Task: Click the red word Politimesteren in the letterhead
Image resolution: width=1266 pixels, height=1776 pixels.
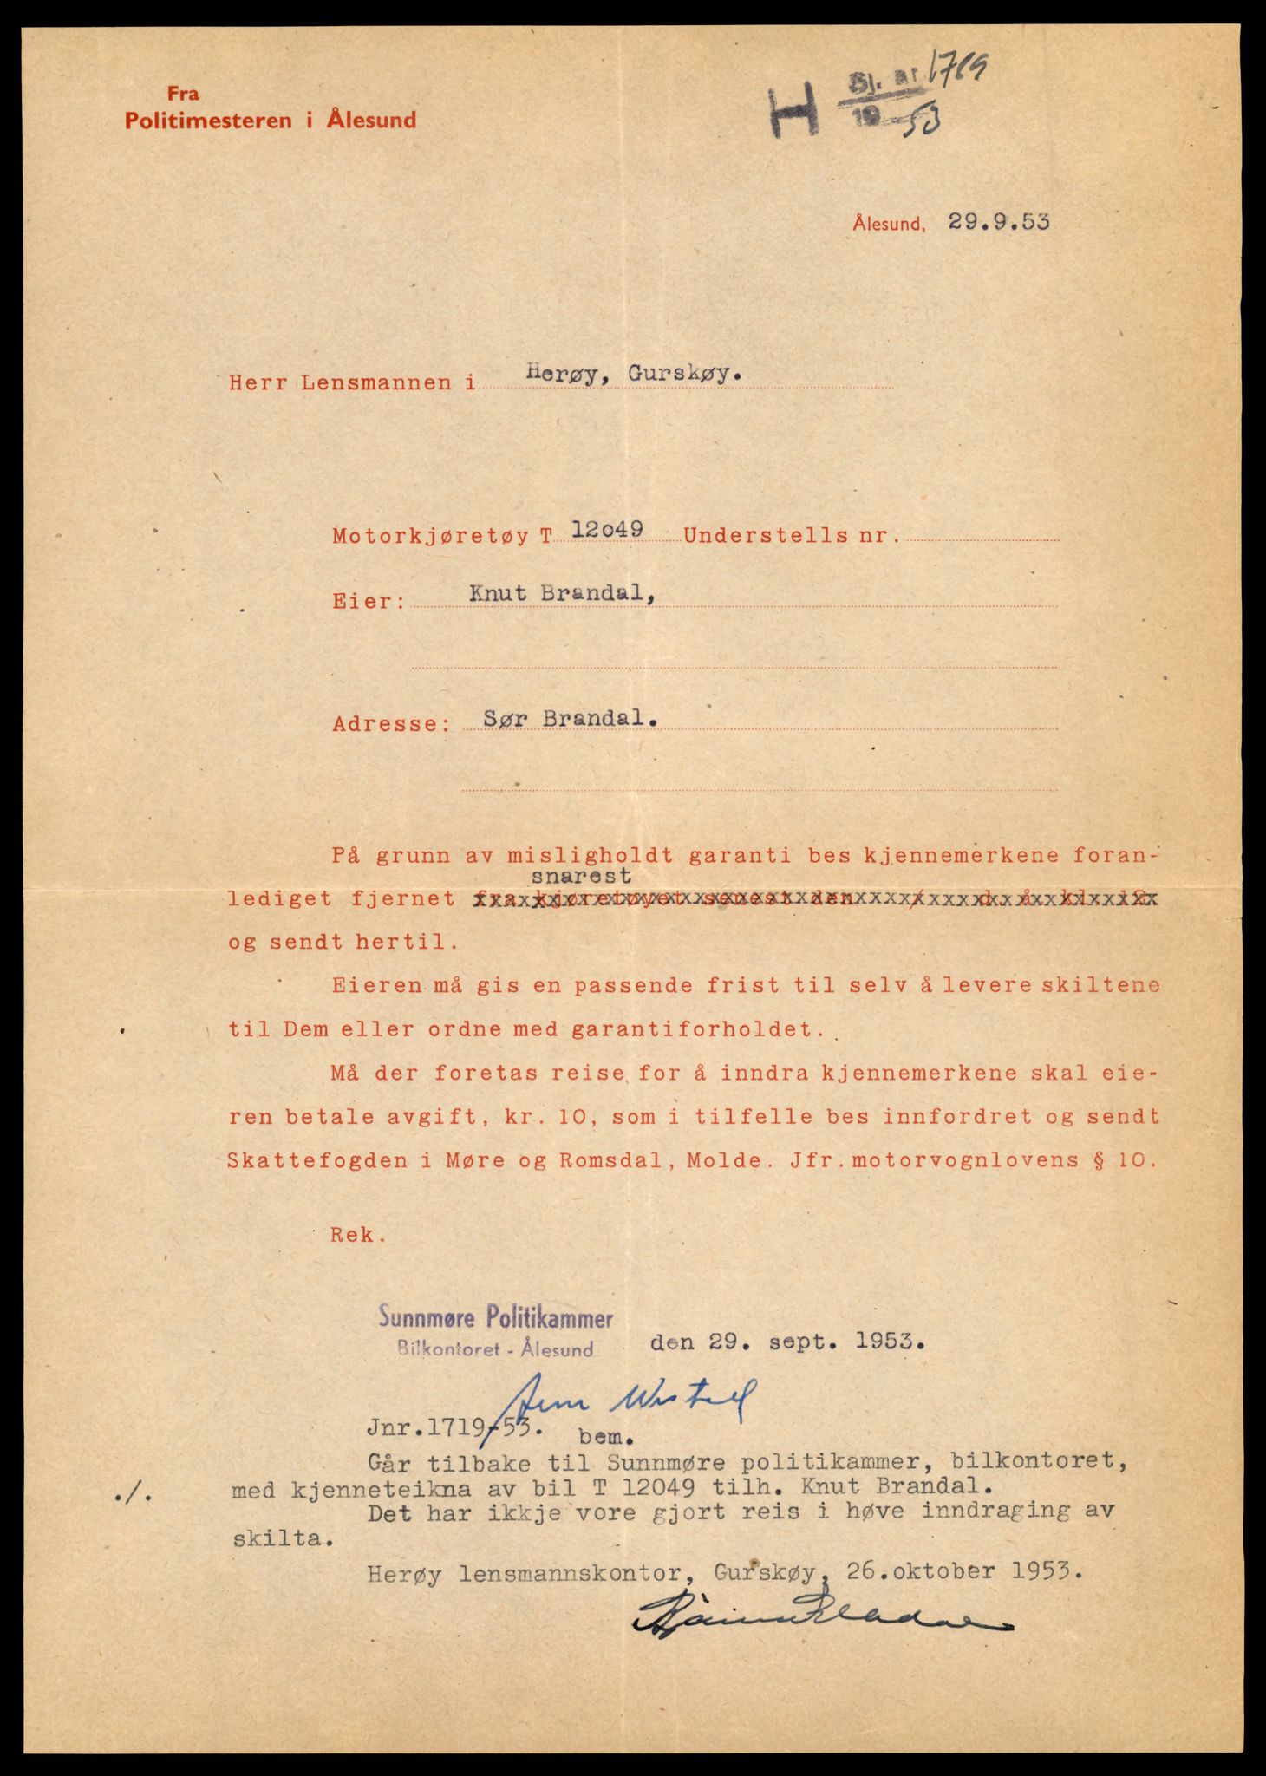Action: (x=209, y=121)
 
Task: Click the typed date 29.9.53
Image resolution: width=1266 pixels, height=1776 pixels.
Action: (x=998, y=222)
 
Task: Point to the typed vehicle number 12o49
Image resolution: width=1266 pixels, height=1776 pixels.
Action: (x=607, y=529)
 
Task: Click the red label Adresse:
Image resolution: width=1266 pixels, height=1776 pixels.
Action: (x=391, y=723)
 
